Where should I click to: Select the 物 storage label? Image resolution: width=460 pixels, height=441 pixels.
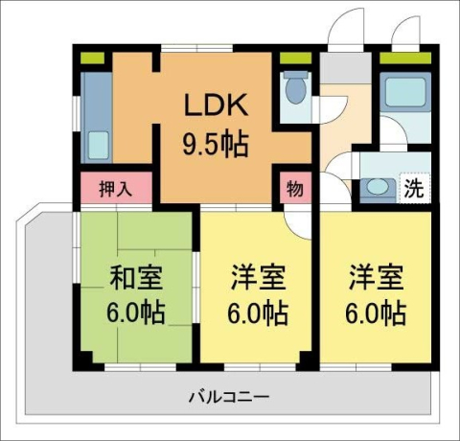click(294, 189)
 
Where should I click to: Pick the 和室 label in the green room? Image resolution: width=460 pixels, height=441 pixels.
click(136, 281)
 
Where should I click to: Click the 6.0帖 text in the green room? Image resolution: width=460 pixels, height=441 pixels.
click(136, 313)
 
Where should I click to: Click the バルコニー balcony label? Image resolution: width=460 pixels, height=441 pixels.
click(228, 395)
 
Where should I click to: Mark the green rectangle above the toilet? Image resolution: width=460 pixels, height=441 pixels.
click(295, 60)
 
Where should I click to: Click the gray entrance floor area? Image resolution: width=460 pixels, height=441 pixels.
click(335, 69)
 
